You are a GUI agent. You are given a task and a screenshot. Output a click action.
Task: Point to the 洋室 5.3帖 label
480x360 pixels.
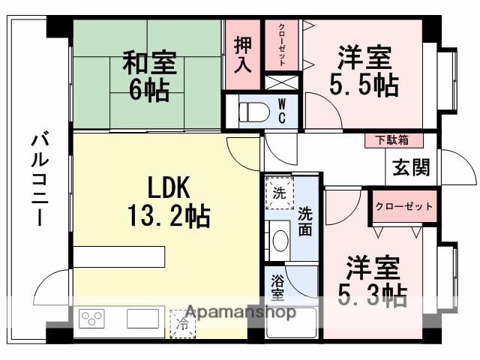point(373,282)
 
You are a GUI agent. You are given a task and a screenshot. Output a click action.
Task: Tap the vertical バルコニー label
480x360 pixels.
point(39,180)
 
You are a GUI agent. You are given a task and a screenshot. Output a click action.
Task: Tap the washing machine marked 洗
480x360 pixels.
point(278,193)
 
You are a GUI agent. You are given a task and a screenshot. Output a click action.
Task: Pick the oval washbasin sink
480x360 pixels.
point(280,241)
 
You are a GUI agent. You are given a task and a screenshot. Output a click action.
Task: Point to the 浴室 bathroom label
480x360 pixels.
point(277,288)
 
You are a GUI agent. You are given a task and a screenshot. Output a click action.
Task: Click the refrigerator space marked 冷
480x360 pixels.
point(182,323)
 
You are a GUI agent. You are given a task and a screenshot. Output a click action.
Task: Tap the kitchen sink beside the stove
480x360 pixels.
point(142,319)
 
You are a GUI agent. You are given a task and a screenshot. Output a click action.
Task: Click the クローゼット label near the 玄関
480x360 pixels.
point(404,206)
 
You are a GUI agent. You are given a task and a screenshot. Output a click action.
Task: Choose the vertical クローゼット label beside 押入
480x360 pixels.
point(281,46)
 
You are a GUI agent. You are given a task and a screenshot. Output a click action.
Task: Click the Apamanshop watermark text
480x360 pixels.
point(239,311)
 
